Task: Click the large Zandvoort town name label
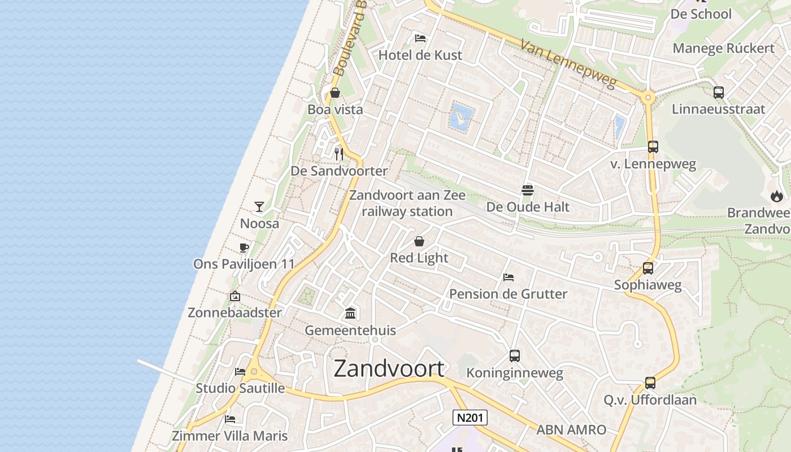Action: pos(389,368)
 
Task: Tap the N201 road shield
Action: pos(470,418)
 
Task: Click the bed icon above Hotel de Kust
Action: pos(420,38)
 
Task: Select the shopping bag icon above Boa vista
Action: pos(335,93)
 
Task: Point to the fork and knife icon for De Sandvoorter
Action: pos(339,154)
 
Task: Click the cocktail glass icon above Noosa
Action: pos(259,207)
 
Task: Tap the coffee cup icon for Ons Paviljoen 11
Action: pos(244,247)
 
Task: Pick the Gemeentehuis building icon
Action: pos(350,314)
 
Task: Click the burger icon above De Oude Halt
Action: pos(528,190)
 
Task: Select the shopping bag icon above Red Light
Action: pos(419,241)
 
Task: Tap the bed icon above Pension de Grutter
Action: pos(508,277)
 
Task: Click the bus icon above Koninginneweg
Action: pos(514,356)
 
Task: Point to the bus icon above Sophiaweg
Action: pos(648,268)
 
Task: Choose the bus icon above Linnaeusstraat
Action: pos(719,93)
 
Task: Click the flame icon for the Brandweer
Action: pos(777,196)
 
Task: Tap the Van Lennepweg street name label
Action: pos(567,63)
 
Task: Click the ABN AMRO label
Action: pos(571,430)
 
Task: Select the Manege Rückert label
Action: pos(723,48)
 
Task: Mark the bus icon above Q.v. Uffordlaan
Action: pos(650,383)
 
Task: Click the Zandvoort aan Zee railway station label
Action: pos(407,203)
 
